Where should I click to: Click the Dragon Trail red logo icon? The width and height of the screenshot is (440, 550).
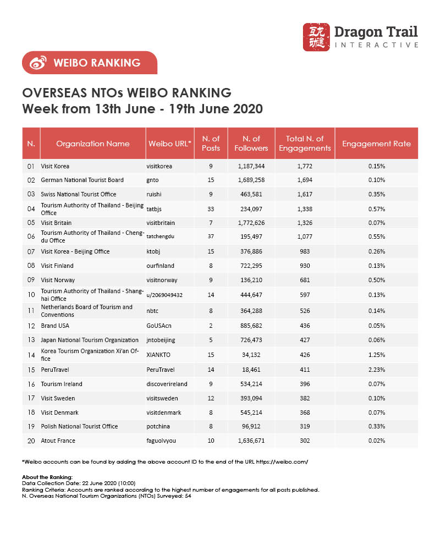click(x=317, y=37)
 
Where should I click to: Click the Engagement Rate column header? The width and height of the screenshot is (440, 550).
click(x=376, y=144)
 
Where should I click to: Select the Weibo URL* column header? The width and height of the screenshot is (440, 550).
click(x=169, y=144)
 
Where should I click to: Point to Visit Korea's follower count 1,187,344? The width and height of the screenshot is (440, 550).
click(x=251, y=166)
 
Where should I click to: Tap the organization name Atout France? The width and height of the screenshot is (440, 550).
click(x=59, y=441)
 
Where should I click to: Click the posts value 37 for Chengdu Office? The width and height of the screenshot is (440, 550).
click(x=211, y=237)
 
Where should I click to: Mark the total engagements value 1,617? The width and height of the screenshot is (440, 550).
click(x=305, y=194)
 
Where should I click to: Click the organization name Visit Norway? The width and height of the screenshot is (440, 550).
click(x=59, y=280)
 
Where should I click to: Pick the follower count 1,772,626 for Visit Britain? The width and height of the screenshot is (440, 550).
click(x=251, y=223)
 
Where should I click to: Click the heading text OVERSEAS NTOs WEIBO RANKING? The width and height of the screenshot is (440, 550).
click(x=127, y=92)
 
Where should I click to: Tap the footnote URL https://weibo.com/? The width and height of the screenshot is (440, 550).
click(x=286, y=462)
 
